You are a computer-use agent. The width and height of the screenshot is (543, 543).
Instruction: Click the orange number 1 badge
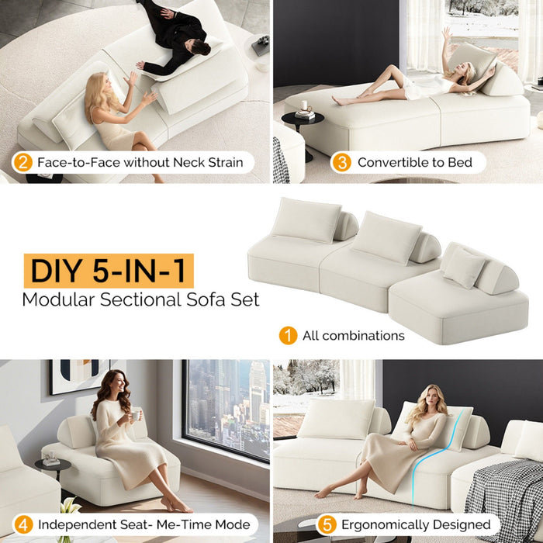click(x=288, y=336)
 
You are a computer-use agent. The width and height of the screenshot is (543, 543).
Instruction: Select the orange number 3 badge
click(x=341, y=162)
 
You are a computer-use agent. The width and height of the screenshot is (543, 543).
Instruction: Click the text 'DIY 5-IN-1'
click(x=108, y=271)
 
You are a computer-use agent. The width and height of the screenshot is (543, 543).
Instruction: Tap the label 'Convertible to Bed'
click(x=410, y=163)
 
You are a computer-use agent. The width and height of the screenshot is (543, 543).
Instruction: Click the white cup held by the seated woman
click(x=135, y=415)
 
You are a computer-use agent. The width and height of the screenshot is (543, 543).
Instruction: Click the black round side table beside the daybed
click(x=299, y=124)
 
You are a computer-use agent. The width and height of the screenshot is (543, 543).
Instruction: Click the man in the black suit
click(x=175, y=39)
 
